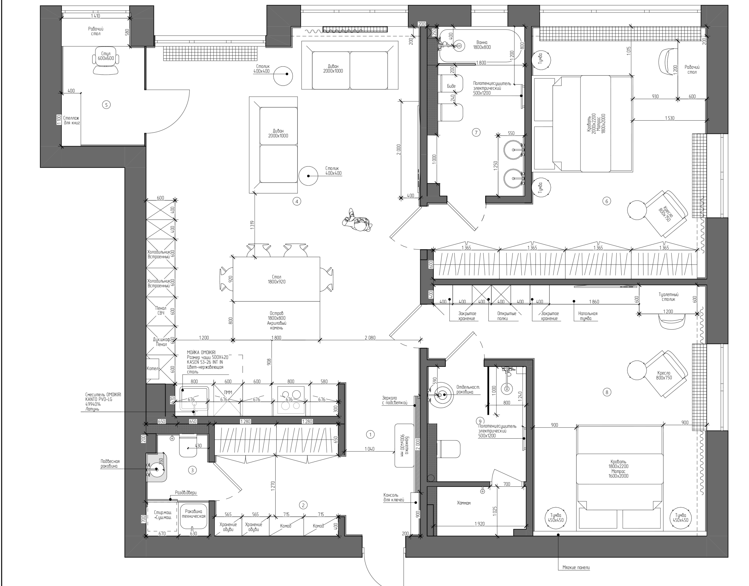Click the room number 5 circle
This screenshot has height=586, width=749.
coord(106,105)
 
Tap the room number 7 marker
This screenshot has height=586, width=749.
coord(476,133)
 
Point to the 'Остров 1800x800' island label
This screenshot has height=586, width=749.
coord(277,320)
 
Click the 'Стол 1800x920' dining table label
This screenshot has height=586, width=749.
coord(277,279)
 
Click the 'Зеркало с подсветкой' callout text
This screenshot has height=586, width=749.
coord(395,400)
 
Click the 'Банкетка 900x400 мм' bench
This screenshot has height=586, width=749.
coord(404,445)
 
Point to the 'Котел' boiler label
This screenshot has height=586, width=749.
coord(153,369)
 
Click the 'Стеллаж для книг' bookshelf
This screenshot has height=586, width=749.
coord(71,120)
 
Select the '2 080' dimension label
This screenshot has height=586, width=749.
coord(370,337)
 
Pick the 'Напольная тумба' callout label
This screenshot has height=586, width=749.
coord(588,316)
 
